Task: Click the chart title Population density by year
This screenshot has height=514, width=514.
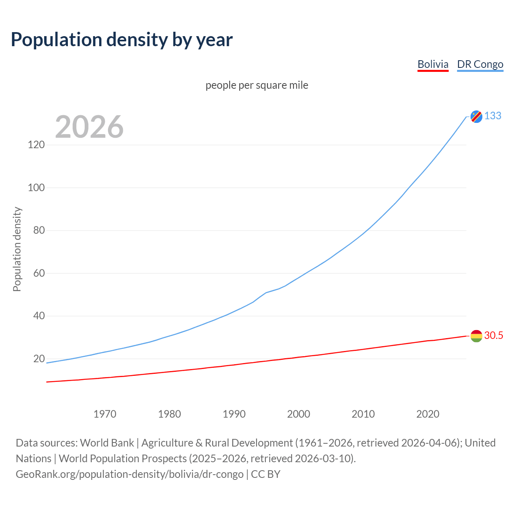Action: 122,40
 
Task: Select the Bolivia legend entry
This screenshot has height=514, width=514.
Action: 433,64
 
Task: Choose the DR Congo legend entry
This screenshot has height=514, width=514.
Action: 480,64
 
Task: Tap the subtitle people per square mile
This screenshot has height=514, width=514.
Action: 257,86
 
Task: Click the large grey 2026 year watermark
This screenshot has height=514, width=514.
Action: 89,127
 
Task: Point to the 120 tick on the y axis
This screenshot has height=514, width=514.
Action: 36,145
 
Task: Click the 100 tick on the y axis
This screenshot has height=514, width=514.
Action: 36,188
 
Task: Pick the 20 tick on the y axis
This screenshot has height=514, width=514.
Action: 39,359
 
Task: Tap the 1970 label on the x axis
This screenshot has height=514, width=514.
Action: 105,414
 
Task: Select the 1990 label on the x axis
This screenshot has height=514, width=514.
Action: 234,414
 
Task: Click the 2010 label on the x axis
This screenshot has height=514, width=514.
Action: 363,414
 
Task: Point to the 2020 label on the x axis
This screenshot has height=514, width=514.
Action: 428,414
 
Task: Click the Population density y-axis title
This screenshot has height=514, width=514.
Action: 17,249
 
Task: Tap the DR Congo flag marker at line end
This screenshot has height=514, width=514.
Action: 476,116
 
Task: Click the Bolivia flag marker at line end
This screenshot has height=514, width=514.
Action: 476,336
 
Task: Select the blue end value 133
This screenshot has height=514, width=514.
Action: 493,116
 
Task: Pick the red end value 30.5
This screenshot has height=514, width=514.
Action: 494,336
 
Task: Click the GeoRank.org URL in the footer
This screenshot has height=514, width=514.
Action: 130,474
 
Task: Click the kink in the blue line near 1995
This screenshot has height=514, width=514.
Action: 266,293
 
